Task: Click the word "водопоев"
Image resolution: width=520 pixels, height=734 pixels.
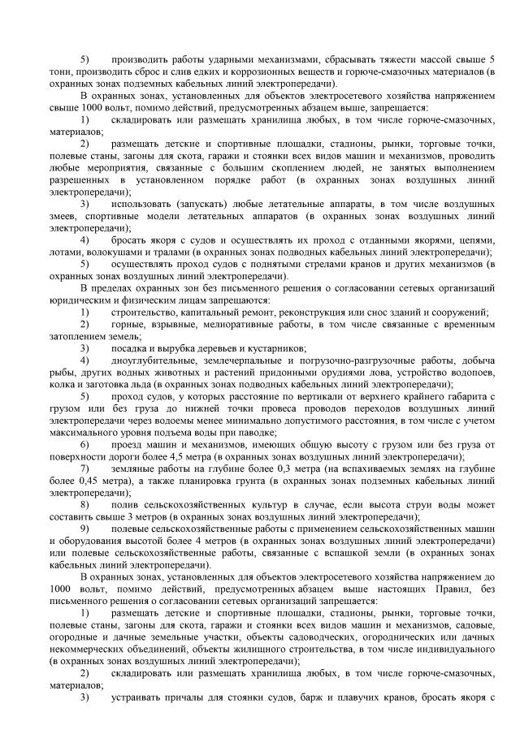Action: (x=470, y=372)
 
